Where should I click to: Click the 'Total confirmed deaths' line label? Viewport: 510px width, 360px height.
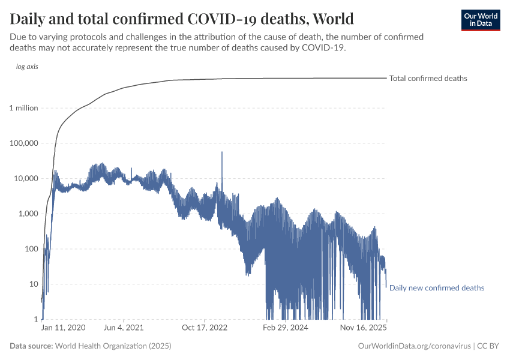pos(428,79)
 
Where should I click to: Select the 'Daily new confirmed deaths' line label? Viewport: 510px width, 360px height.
pos(436,288)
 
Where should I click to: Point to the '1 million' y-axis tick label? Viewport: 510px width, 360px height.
pos(24,108)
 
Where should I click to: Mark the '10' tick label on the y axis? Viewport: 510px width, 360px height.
pos(33,284)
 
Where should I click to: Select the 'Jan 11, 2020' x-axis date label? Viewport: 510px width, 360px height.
pos(63,328)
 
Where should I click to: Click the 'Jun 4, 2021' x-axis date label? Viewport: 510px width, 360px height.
pos(123,328)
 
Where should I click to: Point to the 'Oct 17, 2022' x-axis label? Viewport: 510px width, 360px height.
pos(205,328)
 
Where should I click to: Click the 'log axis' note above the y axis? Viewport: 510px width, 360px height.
pos(27,67)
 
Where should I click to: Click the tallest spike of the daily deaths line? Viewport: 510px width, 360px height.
pos(222,154)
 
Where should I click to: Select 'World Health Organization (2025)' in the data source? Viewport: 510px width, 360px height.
pos(113,346)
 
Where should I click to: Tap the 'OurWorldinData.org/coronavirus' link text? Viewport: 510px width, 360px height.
pos(413,346)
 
